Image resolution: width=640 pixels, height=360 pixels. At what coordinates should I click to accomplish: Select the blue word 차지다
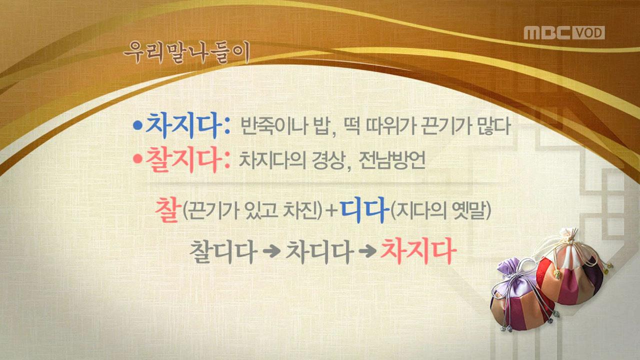coord(182,126)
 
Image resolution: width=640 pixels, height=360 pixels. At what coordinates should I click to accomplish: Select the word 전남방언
coord(392,161)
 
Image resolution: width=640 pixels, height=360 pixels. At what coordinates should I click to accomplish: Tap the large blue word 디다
coord(364,211)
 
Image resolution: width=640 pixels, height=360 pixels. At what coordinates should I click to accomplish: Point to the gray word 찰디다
coord(222,252)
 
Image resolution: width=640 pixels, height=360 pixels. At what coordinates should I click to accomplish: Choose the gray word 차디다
coord(317,252)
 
